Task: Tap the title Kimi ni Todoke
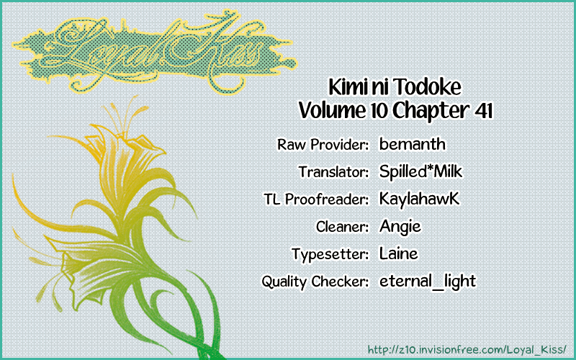(x=395, y=87)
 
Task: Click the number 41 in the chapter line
(x=483, y=110)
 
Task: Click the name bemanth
(x=412, y=143)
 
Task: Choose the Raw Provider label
(x=323, y=145)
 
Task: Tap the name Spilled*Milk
(x=420, y=171)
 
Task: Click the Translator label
(x=333, y=171)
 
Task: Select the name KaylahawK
(x=419, y=199)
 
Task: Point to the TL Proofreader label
(x=316, y=199)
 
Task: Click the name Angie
(x=400, y=226)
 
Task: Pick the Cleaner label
(x=342, y=227)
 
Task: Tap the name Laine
(x=399, y=253)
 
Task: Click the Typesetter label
(x=330, y=254)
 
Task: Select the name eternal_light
(x=428, y=281)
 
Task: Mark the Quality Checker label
(x=315, y=282)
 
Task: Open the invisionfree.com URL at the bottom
(x=467, y=348)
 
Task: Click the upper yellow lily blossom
(x=125, y=147)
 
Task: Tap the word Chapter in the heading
(x=430, y=111)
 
